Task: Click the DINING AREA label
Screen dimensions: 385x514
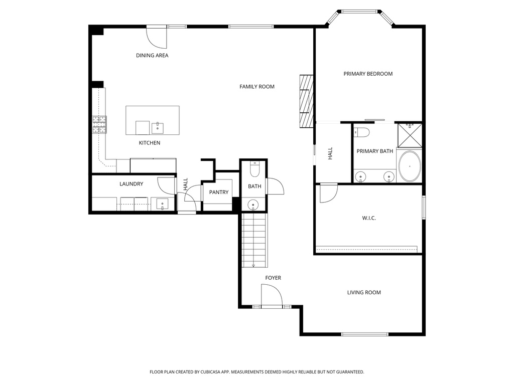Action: [x=152, y=55]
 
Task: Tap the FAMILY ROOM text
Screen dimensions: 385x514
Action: [x=256, y=87]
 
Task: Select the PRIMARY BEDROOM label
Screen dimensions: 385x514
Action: [x=368, y=74]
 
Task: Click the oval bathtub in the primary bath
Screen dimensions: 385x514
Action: [x=410, y=166]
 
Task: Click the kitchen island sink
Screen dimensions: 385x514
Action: [x=157, y=128]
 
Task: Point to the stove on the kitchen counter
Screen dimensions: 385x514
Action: [x=99, y=124]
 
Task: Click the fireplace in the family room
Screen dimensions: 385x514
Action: [x=306, y=102]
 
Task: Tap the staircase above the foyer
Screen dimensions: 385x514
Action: [x=254, y=241]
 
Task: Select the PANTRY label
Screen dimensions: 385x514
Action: [x=219, y=192]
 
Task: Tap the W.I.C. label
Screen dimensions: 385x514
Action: [x=369, y=218]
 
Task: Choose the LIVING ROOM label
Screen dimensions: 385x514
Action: [x=364, y=292]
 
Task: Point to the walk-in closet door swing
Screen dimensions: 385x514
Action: [x=328, y=194]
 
